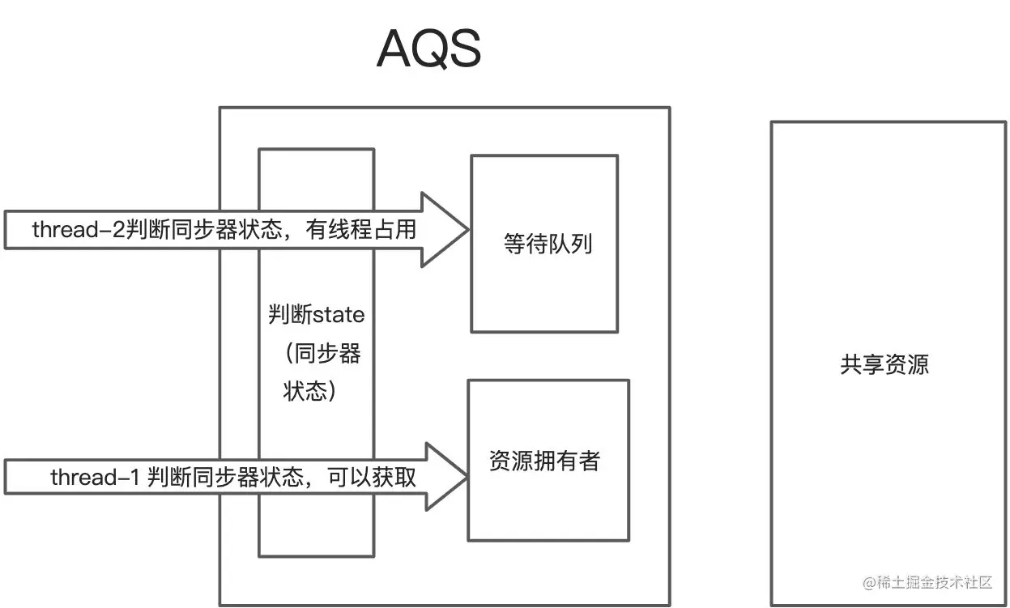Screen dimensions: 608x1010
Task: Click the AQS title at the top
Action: [429, 50]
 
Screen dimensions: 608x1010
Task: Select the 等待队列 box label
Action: [548, 244]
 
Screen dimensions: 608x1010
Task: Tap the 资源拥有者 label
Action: [544, 461]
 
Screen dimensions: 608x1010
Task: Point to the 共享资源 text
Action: [884, 364]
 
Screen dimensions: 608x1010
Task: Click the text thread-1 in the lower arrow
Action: [95, 478]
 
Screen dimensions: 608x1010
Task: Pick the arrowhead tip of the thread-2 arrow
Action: [467, 230]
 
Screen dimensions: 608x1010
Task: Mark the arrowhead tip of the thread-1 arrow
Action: [467, 477]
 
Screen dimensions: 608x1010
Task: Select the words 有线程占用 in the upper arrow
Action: [361, 230]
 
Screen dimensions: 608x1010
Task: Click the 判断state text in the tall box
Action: [316, 314]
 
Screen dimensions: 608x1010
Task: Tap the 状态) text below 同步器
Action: [309, 392]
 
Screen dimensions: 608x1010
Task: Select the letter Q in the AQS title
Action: [429, 50]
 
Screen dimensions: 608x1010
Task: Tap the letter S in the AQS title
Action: [466, 50]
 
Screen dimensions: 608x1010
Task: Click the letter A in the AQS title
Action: [394, 50]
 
